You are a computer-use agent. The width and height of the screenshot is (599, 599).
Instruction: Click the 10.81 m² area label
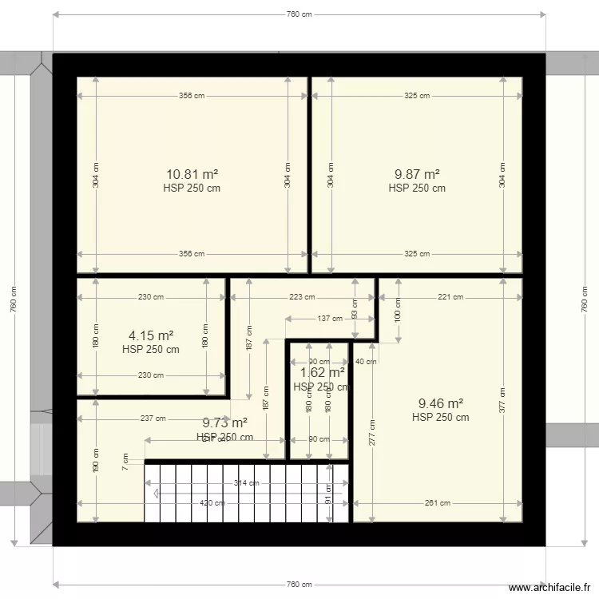coord(192,173)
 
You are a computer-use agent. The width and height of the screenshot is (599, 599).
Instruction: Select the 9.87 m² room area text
coord(417,173)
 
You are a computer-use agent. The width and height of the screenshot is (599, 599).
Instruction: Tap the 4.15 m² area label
coord(151,335)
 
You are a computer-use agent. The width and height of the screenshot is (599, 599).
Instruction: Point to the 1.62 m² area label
coord(322,372)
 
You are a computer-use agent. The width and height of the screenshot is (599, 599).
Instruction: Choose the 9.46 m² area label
coord(440,403)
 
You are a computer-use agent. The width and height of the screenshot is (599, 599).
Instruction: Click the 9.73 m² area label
coord(224,423)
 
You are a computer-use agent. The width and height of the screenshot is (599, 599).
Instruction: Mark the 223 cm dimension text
coord(301,297)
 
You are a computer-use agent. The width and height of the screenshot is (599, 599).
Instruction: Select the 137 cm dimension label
coord(323,319)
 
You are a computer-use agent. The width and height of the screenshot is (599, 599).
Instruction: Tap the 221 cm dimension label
coord(450,297)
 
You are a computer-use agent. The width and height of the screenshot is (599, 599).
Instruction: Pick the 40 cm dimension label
coord(366,361)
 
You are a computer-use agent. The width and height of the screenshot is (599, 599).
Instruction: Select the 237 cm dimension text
coord(153,418)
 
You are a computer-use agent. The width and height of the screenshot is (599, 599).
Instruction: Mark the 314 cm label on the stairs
coord(247,482)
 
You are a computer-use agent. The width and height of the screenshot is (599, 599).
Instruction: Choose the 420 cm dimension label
coord(212,503)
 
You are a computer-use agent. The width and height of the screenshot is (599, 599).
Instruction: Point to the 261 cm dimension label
coord(438,503)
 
